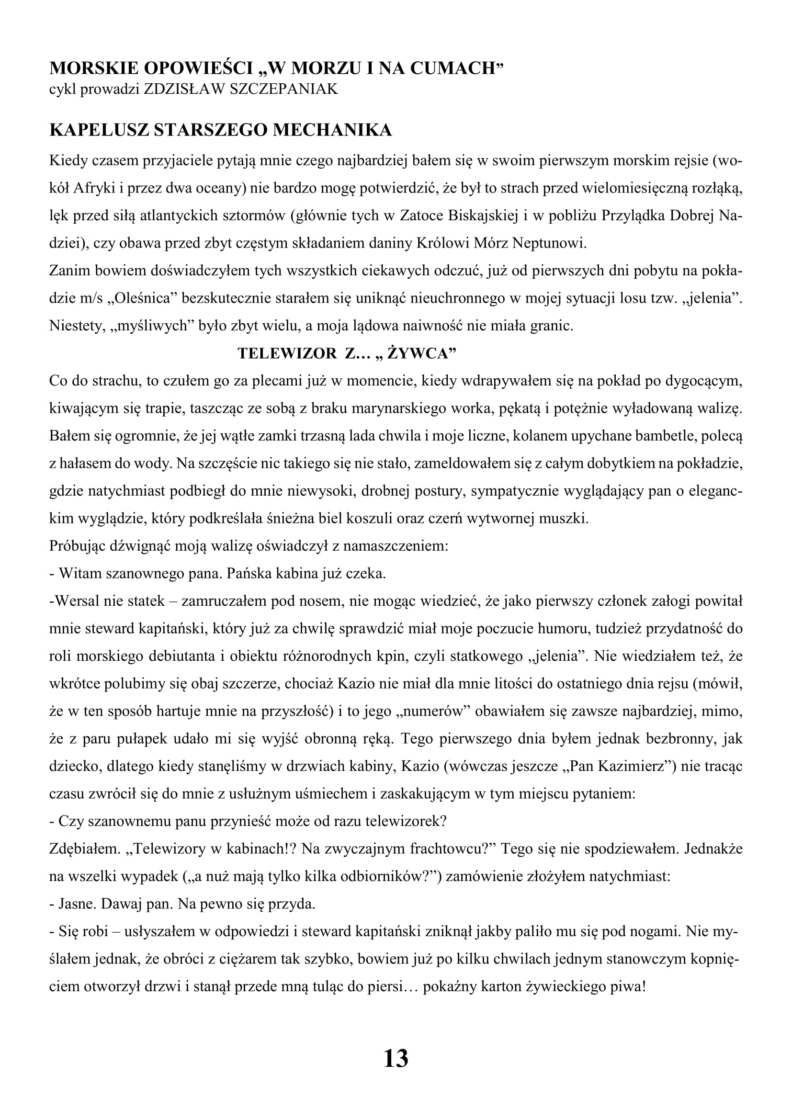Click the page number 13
pyautogui.click(x=396, y=1059)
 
